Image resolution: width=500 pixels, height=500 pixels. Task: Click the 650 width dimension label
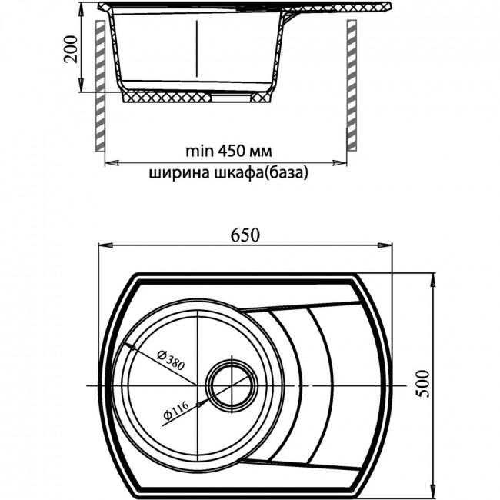[245, 235]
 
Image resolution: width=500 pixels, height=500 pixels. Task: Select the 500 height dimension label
[423, 383]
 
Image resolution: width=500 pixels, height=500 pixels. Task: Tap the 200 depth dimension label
[71, 49]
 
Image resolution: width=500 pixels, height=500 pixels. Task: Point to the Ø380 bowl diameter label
[171, 360]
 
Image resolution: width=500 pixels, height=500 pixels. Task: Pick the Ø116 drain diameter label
[175, 410]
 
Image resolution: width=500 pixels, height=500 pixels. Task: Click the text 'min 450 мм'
[228, 152]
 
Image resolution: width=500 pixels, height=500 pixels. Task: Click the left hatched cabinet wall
[100, 85]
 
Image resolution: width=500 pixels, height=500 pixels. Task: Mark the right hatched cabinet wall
[352, 85]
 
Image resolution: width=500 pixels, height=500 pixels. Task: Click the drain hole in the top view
[232, 385]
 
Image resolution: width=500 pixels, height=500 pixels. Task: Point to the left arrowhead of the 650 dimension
[106, 245]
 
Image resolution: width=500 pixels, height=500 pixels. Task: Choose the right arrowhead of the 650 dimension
[385, 245]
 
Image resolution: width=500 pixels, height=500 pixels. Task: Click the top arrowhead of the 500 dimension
[433, 281]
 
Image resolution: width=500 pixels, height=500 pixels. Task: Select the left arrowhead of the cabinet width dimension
[112, 163]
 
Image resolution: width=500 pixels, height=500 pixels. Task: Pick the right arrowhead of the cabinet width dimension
[339, 163]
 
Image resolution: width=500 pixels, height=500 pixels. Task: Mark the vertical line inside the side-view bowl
[197, 48]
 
